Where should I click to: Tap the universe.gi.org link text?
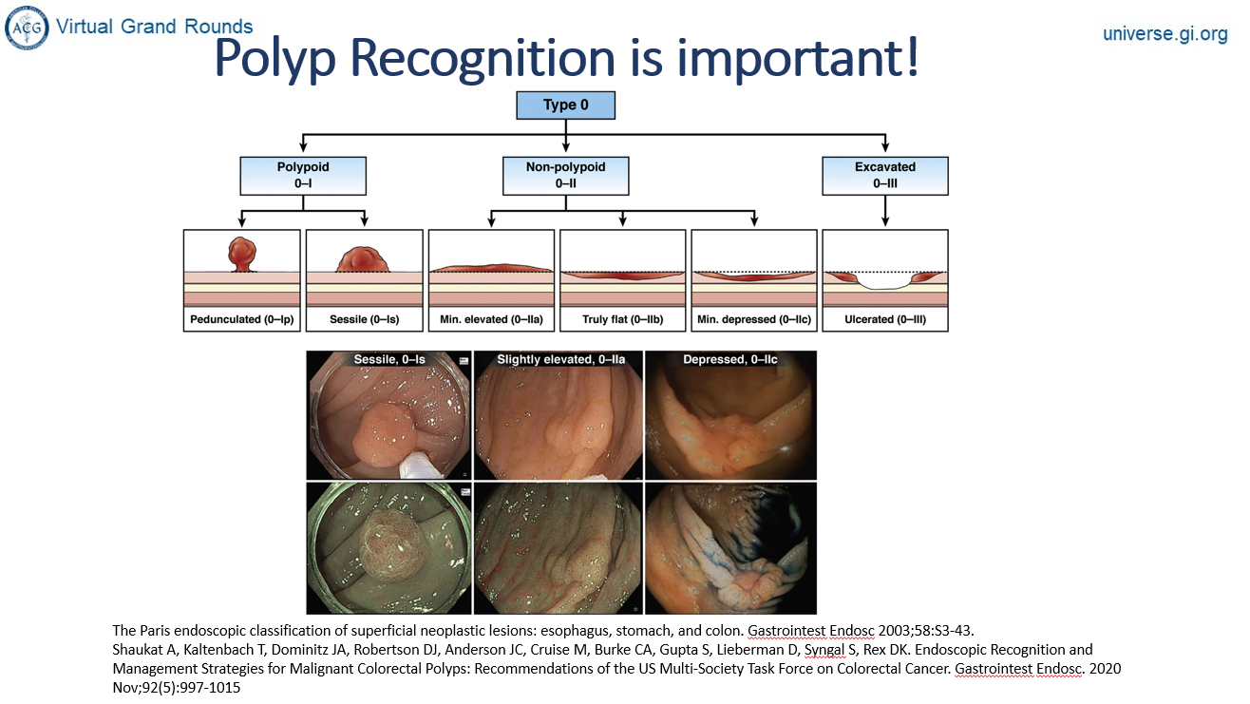click(x=1165, y=34)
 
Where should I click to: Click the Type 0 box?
click(x=565, y=105)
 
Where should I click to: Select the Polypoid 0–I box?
click(x=303, y=174)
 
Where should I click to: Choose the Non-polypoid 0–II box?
click(x=565, y=174)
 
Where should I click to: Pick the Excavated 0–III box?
click(x=884, y=174)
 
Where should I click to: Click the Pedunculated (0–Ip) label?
click(x=242, y=320)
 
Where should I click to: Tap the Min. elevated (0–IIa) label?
click(x=492, y=320)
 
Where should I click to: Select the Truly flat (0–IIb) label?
click(x=623, y=320)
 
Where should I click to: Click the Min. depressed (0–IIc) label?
click(x=753, y=320)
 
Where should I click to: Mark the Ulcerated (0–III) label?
click(x=884, y=320)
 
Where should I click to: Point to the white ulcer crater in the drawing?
click(x=884, y=282)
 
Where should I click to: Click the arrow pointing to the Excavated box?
click(x=884, y=145)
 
